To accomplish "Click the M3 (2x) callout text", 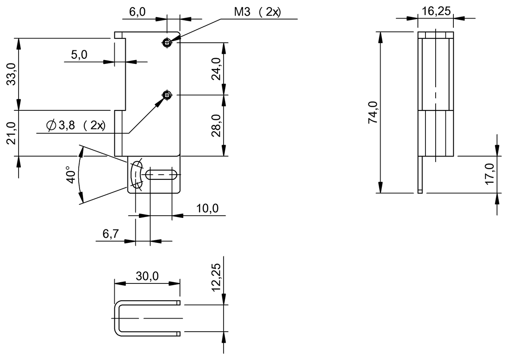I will (257, 12).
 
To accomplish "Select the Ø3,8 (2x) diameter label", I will (76, 126).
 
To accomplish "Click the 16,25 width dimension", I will (435, 11).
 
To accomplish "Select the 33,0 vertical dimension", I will (11, 74).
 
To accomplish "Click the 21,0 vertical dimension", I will (11, 133).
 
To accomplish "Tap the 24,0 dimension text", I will (216, 69).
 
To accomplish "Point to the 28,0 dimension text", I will (216, 125).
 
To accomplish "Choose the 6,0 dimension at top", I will (137, 12).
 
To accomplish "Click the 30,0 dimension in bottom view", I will (147, 276).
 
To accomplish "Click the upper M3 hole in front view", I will (168, 42).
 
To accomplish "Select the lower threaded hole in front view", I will (168, 95).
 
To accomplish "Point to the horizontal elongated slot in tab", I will (161, 174).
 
